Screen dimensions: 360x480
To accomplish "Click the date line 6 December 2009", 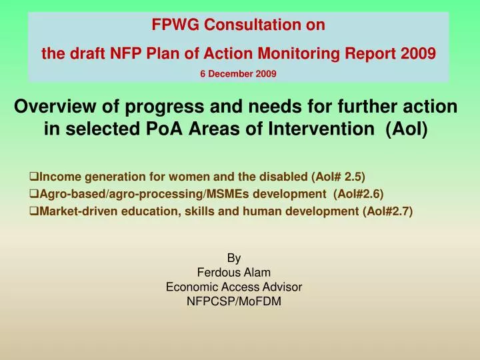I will tap(238, 74).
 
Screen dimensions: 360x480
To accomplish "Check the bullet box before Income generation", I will tap(34, 177).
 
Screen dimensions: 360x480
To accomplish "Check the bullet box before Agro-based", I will tap(34, 194).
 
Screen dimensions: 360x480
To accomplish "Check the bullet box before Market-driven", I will tap(34, 211).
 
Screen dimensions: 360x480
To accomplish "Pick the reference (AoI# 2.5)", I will tap(339, 177).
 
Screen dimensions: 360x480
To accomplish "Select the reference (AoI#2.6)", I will tap(358, 194).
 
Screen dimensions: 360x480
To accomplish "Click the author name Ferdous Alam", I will tap(234, 272).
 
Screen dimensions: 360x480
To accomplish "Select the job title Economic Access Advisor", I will tap(234, 287).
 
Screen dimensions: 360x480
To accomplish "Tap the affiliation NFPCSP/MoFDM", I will tap(234, 301).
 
